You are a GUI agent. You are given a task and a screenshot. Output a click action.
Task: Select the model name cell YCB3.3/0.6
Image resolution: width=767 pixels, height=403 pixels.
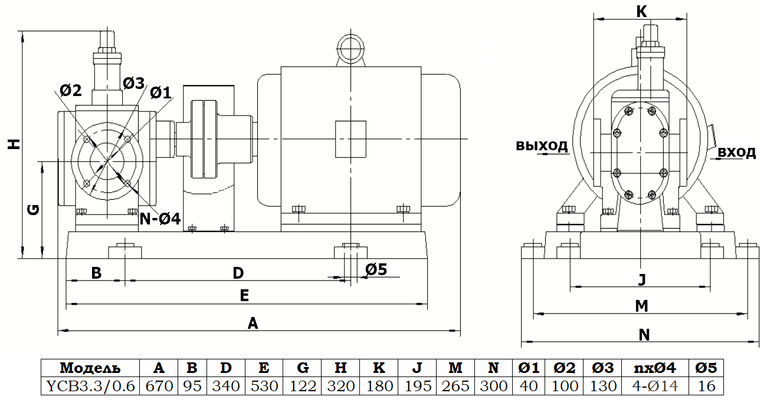pyautogui.click(x=90, y=386)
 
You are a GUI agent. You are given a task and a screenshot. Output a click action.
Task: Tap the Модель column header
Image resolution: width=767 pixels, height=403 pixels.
pyautogui.click(x=90, y=368)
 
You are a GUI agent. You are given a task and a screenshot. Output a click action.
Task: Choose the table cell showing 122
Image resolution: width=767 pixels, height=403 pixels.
pyautogui.click(x=303, y=386)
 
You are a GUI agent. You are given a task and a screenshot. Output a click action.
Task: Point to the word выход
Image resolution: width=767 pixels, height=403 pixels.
pyautogui.click(x=542, y=146)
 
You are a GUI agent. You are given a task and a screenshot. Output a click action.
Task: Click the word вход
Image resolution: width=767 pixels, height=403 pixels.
pyautogui.click(x=737, y=153)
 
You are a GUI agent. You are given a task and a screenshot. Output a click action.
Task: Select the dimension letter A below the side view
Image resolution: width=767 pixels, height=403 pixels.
pyautogui.click(x=253, y=323)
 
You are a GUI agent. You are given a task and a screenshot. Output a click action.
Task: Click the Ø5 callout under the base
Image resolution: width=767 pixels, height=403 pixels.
pyautogui.click(x=376, y=269)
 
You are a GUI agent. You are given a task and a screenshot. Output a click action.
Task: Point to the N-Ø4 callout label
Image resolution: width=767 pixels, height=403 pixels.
pyautogui.click(x=159, y=219)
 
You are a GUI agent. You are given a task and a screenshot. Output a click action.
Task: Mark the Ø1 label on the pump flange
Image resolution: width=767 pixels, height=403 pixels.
pyautogui.click(x=160, y=93)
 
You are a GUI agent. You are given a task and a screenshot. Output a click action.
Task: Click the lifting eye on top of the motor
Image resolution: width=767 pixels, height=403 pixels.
pyautogui.click(x=350, y=47)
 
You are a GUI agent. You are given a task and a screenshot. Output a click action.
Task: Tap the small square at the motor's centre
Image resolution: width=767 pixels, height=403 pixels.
pyautogui.click(x=350, y=139)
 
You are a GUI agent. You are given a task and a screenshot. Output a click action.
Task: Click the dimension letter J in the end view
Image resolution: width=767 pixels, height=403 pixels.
pyautogui.click(x=642, y=279)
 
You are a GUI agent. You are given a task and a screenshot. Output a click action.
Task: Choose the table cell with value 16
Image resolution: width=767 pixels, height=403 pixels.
pyautogui.click(x=706, y=386)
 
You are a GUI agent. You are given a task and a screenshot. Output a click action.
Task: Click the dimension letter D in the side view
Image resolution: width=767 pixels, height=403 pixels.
pyautogui.click(x=238, y=273)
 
